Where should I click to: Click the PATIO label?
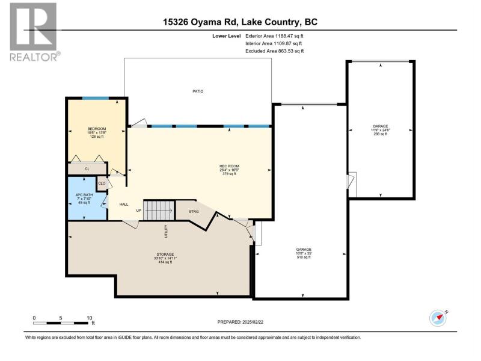click(198, 91)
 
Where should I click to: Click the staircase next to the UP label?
click(159, 210)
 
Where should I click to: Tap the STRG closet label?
click(194, 212)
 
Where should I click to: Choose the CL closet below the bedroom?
click(87, 169)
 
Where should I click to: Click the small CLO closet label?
click(102, 184)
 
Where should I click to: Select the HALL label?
click(124, 204)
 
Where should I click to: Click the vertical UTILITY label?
click(167, 231)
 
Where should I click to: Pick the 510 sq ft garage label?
click(304, 253)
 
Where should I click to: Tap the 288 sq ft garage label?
click(381, 130)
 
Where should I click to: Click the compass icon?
click(438, 318)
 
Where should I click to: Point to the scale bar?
click(61, 323)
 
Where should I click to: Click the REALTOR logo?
click(34, 32)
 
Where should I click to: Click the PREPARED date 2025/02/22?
click(240, 322)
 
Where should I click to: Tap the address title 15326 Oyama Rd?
click(200, 22)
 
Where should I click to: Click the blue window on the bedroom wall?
click(96, 98)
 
